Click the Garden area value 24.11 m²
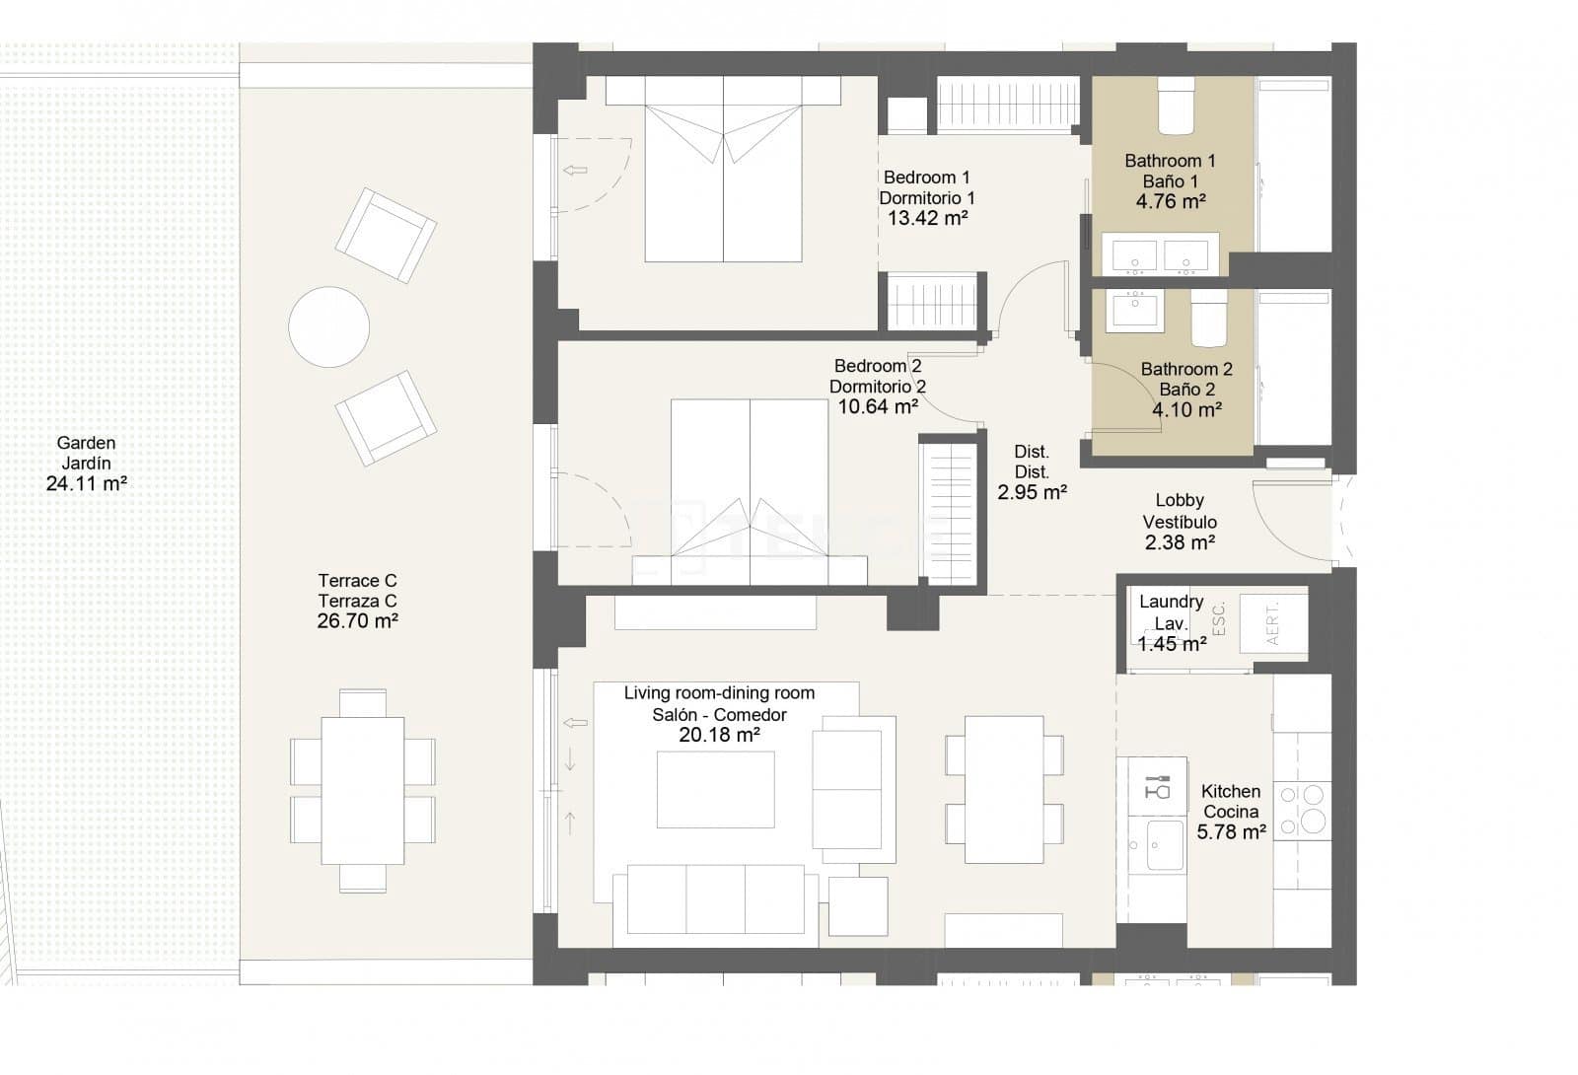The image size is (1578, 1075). click(86, 484)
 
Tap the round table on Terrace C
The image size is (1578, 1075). click(328, 326)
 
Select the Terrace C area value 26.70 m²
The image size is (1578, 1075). click(357, 621)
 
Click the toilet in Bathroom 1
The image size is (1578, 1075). click(1176, 106)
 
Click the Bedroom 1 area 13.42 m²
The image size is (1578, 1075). click(926, 219)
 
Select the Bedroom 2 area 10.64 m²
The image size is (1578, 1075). click(878, 406)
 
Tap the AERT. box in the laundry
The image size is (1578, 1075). click(1272, 621)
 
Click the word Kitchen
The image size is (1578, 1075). click(1230, 791)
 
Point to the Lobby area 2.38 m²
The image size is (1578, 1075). click(1180, 542)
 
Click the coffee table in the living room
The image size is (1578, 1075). click(715, 789)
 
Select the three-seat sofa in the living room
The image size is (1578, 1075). click(715, 899)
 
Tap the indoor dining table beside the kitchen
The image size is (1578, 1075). click(1004, 789)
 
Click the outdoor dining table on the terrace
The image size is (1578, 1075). click(362, 790)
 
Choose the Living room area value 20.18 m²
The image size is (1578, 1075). click(719, 736)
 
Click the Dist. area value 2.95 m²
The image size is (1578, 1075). click(1032, 492)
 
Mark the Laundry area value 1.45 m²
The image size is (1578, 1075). click(1172, 645)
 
